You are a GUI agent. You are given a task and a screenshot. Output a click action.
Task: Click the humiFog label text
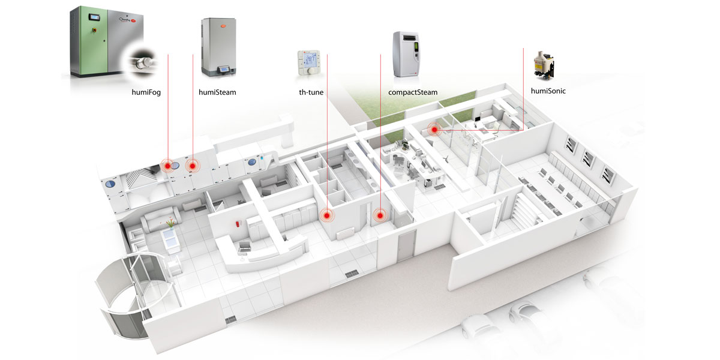click(146, 92)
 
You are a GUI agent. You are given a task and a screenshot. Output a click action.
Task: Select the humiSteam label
click(217, 92)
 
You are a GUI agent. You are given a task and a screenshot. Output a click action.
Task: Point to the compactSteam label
click(409, 92)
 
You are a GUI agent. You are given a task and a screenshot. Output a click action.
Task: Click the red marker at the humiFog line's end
click(167, 164)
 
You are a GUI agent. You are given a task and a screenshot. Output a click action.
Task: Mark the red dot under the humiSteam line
click(193, 165)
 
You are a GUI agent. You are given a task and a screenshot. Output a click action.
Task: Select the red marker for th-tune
click(327, 214)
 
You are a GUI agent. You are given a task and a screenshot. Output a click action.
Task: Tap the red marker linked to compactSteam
click(380, 214)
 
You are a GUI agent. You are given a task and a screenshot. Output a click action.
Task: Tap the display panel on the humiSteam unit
click(224, 70)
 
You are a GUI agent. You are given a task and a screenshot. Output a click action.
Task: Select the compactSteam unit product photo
click(406, 54)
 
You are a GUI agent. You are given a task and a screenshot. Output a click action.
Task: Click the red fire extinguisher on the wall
click(239, 224)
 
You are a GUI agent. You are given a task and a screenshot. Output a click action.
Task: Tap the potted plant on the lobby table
click(172, 223)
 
